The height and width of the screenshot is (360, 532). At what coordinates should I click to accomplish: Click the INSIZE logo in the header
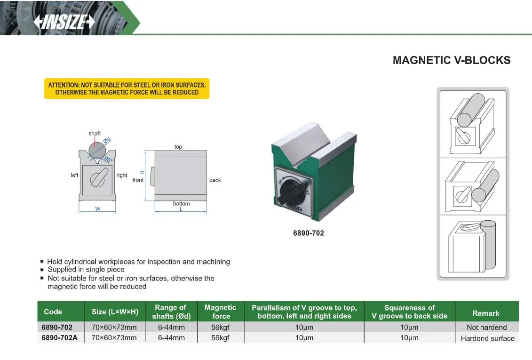tap(64, 22)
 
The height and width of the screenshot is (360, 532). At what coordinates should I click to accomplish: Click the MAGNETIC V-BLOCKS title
tap(452, 60)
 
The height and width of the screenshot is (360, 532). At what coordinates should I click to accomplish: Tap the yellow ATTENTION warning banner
tap(127, 88)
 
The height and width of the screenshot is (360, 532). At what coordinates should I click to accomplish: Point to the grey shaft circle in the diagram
tap(97, 150)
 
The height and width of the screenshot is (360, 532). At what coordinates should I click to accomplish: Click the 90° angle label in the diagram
tap(108, 159)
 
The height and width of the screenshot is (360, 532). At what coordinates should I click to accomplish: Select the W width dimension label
tap(98, 209)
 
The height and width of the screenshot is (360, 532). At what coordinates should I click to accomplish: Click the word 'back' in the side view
tap(215, 180)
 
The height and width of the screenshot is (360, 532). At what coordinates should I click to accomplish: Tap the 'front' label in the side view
tap(138, 180)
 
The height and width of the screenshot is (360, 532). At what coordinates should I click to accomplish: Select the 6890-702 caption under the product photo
tap(309, 233)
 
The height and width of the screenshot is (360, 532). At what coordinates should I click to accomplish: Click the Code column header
tap(53, 312)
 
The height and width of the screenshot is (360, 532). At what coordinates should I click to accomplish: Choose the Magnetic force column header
tap(221, 312)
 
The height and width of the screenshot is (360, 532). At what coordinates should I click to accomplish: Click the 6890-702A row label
tap(60, 338)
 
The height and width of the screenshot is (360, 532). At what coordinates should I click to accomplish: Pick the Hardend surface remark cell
tap(488, 338)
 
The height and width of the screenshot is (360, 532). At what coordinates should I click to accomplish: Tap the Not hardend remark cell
tap(486, 328)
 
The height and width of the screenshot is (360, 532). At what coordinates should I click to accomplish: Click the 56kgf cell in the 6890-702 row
tap(220, 328)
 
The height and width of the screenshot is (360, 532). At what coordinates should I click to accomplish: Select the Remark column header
tap(486, 313)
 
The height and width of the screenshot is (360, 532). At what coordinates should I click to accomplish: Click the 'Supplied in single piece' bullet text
tap(86, 269)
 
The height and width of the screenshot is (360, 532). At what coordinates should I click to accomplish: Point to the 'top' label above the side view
tap(178, 147)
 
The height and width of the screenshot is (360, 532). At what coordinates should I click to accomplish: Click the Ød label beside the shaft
tap(107, 140)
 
